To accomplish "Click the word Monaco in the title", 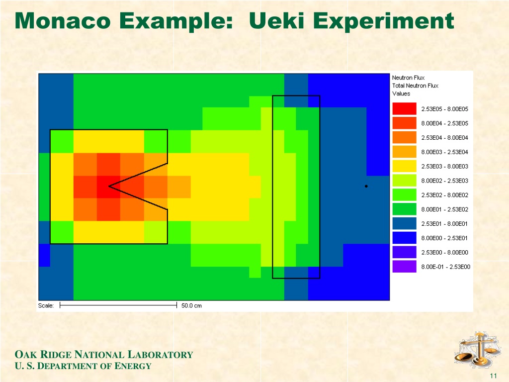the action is click(x=63, y=21).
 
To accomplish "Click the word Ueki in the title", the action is click(x=276, y=21).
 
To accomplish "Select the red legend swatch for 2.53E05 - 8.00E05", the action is click(x=404, y=109).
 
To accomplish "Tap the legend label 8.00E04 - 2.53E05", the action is click(x=445, y=123).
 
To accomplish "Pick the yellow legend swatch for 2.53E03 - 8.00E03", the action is click(x=404, y=166).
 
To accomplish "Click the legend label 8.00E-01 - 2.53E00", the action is click(x=446, y=267).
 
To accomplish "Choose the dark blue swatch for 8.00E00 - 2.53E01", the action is click(x=404, y=238).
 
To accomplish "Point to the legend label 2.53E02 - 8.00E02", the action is click(x=445, y=195).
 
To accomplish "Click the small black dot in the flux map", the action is click(x=366, y=186).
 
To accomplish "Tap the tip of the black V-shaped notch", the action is click(x=109, y=186).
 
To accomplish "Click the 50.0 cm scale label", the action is click(x=191, y=306).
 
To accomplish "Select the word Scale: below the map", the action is click(x=46, y=305).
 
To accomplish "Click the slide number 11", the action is click(x=494, y=376).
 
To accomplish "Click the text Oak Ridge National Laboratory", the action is click(x=104, y=354).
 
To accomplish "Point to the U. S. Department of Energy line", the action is click(x=83, y=366).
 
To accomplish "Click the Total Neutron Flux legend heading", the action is click(x=415, y=86).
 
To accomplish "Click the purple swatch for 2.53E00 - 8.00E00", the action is click(x=404, y=252).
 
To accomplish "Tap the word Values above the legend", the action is click(x=401, y=94).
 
